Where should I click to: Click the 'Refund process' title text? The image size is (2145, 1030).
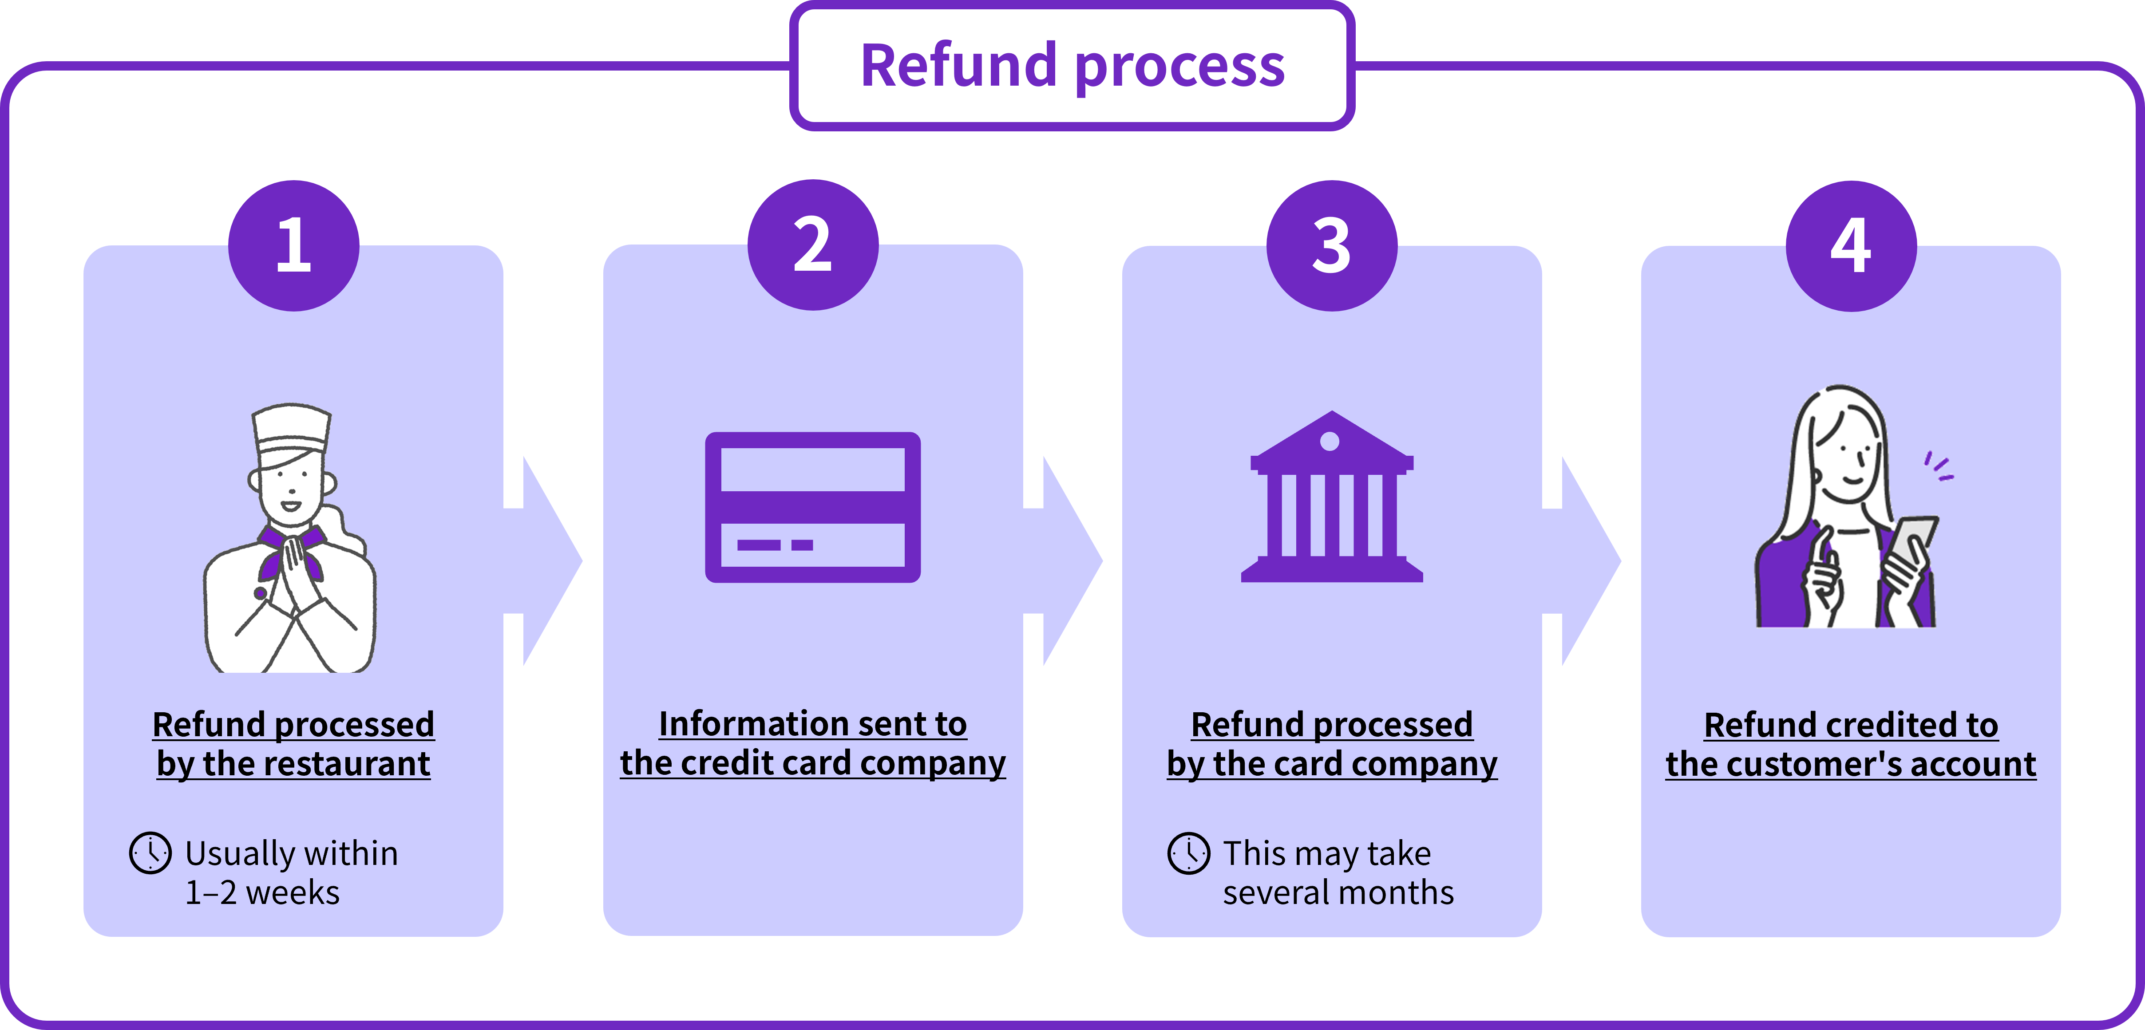(1072, 67)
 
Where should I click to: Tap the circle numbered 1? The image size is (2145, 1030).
(294, 246)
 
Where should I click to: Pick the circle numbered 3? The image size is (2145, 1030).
(1331, 246)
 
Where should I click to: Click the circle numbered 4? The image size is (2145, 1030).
(1851, 246)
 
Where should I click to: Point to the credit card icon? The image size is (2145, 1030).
(813, 507)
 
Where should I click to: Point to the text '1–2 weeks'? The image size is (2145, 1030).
(262, 892)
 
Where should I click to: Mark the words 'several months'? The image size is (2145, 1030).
(1338, 892)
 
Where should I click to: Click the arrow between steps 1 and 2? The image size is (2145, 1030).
(546, 560)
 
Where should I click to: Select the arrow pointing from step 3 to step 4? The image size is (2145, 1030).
(1585, 560)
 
